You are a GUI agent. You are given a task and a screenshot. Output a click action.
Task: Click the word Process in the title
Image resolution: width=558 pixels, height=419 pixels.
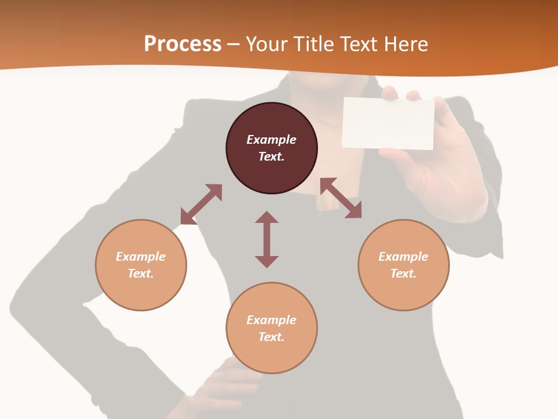183,44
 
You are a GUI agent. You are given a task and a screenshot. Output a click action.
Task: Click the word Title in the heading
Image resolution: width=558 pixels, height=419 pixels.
313,44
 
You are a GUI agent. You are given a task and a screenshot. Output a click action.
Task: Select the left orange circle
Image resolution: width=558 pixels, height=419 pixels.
141,291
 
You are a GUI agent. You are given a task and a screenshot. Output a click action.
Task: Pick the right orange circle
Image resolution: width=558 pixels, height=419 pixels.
403,291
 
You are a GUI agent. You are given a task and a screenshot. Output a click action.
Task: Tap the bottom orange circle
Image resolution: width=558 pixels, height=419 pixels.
271,355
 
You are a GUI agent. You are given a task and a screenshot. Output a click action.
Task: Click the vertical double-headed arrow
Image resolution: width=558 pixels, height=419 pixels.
267,239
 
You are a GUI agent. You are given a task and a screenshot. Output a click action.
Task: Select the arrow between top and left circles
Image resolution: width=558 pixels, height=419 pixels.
201,204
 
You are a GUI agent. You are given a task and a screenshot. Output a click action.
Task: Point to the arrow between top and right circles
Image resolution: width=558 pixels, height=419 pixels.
341,198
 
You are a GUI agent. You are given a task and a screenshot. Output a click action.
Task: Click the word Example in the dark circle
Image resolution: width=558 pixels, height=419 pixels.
271,140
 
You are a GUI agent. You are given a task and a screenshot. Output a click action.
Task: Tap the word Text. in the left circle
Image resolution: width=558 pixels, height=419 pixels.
141,274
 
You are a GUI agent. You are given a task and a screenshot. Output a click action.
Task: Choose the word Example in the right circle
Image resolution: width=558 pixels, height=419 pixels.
403,257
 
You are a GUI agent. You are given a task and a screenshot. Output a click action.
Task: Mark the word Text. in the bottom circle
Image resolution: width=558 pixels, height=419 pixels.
271,337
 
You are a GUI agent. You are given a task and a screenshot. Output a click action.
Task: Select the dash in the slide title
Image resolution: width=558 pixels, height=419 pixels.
233,45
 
